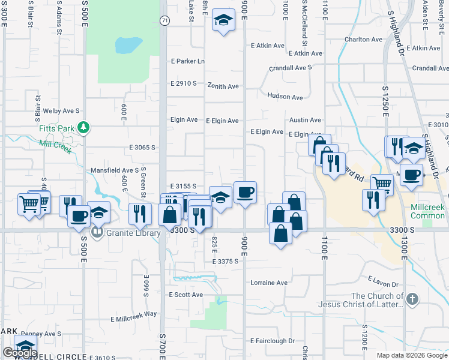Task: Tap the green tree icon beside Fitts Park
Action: (85, 127)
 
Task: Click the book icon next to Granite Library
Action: (96, 232)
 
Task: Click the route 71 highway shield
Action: (164, 20)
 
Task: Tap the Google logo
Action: (19, 353)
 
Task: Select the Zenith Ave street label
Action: (223, 86)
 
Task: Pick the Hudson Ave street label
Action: (285, 97)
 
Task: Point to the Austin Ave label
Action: (305, 120)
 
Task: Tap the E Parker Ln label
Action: (188, 61)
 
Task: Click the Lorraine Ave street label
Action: (270, 283)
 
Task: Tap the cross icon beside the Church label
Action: (412, 299)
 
